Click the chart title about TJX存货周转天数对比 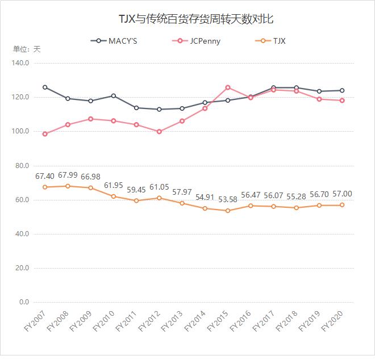coord(188,19)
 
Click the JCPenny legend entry coord(197,41)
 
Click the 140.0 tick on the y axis coord(20,63)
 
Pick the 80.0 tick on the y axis coord(22,166)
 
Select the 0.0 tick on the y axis coord(24,302)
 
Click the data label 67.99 coord(68,175)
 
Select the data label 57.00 coord(342,194)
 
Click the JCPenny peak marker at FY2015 coord(228,87)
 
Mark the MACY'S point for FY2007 coord(45,87)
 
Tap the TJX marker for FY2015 coord(228,211)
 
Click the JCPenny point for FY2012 coord(159,132)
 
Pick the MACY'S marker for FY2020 coord(342,90)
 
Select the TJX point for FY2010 coord(114,196)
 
